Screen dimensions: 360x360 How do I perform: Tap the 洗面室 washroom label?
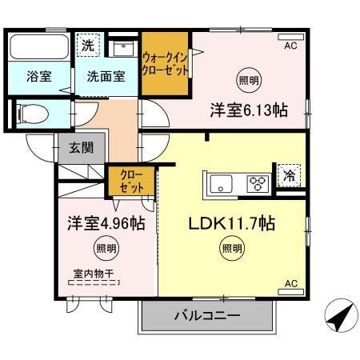pos(106,77)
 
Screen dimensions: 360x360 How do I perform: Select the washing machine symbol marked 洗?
pos(88,46)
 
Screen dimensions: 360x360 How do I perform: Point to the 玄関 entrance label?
pos(81,147)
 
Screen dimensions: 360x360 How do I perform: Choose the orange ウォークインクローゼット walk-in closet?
pos(166,64)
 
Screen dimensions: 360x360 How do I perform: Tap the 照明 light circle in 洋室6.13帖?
pos(249,80)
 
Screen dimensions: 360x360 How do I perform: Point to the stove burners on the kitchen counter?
pos(257,184)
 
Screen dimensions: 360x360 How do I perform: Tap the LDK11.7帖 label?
pos(232,224)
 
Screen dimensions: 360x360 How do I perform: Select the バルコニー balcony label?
pos(207,316)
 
